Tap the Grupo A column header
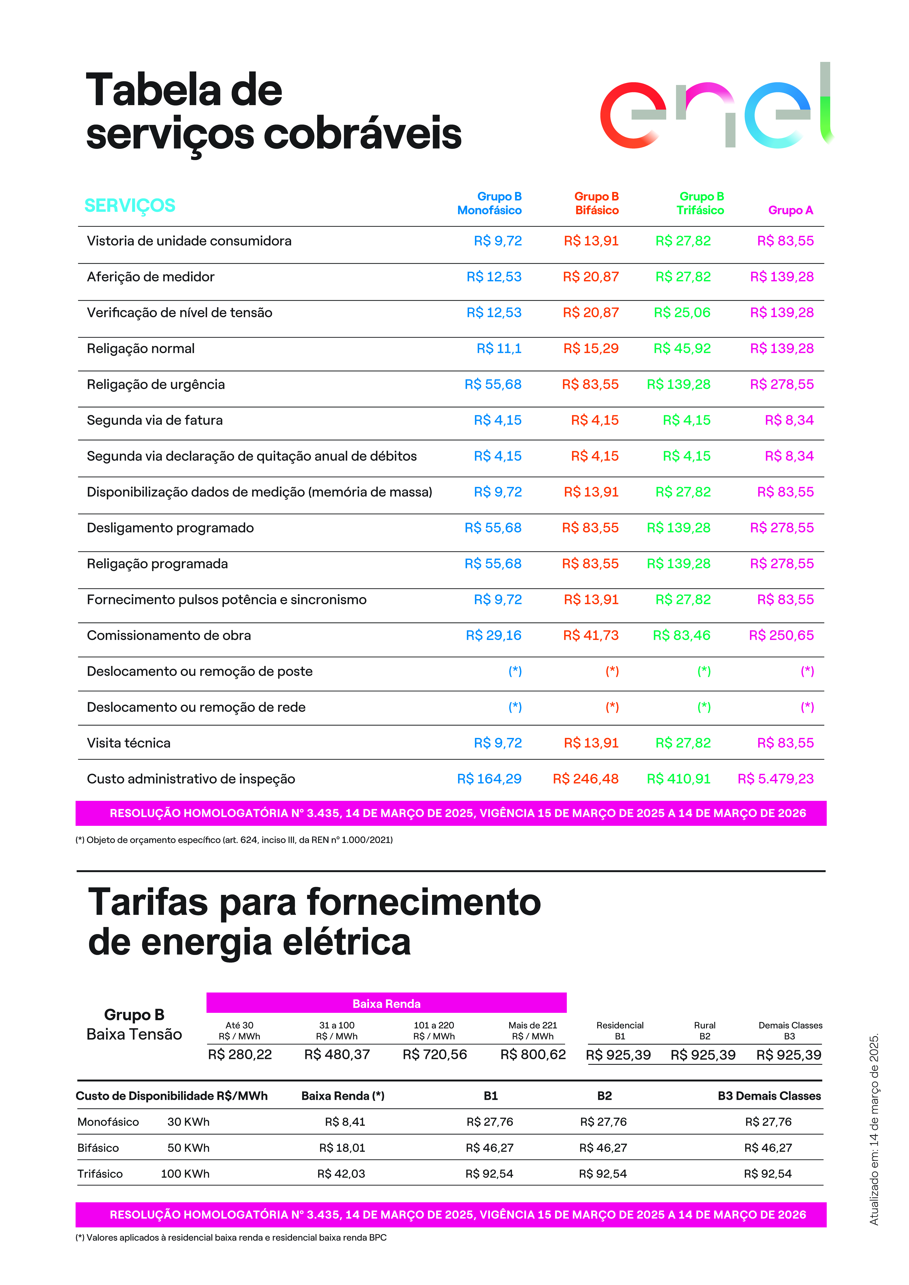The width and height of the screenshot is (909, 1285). [x=790, y=210]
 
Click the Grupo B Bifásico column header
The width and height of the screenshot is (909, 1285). [x=596, y=203]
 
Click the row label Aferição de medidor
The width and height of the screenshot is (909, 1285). [x=150, y=277]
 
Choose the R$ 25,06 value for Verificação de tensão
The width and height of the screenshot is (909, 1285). [x=682, y=313]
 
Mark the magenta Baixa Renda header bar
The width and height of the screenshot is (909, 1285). [x=386, y=1003]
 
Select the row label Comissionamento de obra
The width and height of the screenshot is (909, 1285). [x=169, y=635]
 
